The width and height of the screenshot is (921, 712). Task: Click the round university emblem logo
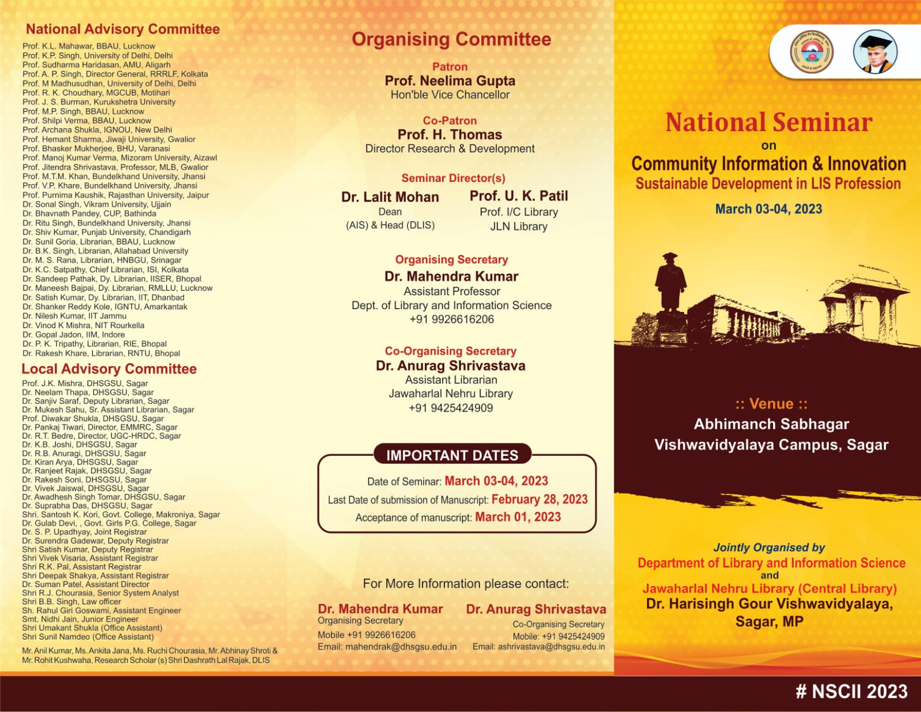(812, 52)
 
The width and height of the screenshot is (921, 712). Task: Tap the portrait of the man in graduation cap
(874, 52)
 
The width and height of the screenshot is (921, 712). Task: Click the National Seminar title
(768, 123)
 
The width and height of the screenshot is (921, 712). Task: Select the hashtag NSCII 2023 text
(851, 691)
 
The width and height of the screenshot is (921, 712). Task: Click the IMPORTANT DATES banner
(452, 455)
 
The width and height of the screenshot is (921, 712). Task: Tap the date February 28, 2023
(539, 499)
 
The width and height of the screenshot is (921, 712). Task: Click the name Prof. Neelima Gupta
(450, 81)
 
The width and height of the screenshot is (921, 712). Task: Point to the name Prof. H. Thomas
(450, 135)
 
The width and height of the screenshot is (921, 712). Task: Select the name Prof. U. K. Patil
(519, 196)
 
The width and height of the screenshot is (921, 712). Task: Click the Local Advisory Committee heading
(109, 369)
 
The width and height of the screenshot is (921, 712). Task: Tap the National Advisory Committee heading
(123, 29)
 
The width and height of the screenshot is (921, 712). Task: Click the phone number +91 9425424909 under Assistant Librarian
(451, 408)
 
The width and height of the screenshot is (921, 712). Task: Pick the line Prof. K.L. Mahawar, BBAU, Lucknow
(89, 46)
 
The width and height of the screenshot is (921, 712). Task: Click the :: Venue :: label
(771, 404)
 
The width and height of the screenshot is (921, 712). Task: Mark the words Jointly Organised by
(769, 547)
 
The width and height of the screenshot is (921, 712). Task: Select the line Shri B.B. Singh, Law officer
(71, 601)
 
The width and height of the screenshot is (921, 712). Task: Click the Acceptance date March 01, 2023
(517, 517)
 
